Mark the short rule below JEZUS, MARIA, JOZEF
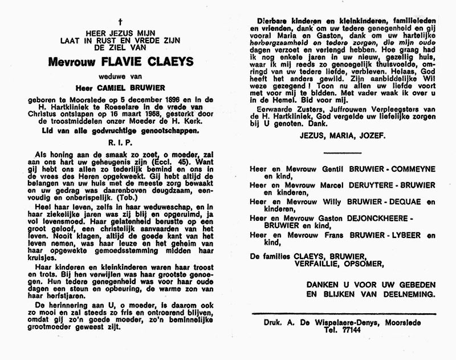tap(343, 152)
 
